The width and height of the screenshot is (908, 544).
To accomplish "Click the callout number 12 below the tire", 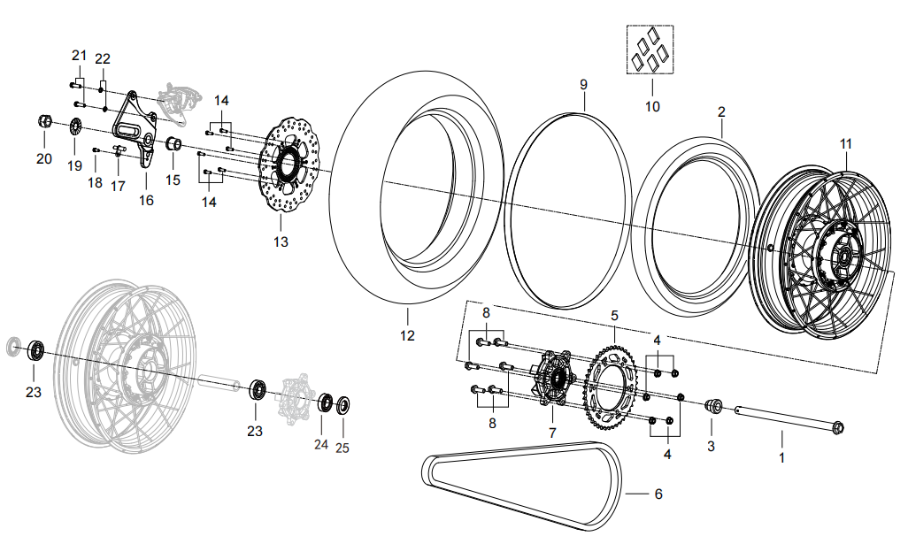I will point(407,336).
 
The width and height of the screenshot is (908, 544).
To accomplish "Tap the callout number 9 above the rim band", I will point(583,85).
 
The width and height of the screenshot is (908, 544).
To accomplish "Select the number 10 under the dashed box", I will point(652,107).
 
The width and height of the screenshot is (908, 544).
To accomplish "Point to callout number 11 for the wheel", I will point(846,143).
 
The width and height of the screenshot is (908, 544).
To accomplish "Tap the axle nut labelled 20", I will point(43,122).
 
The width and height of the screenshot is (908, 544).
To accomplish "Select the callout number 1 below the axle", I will point(781,458).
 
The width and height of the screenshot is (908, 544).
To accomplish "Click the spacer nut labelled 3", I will point(711,407).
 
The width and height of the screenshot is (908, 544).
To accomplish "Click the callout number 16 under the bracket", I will point(146,201).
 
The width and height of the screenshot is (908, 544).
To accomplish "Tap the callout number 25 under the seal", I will point(342,448).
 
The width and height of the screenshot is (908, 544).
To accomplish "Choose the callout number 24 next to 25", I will point(322,445).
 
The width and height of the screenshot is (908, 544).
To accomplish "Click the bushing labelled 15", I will point(174,144).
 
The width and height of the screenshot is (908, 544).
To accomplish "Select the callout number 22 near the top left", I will point(103,58).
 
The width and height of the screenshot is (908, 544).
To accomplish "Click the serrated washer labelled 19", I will point(75,128).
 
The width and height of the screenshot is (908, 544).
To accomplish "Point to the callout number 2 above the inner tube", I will point(721,112).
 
